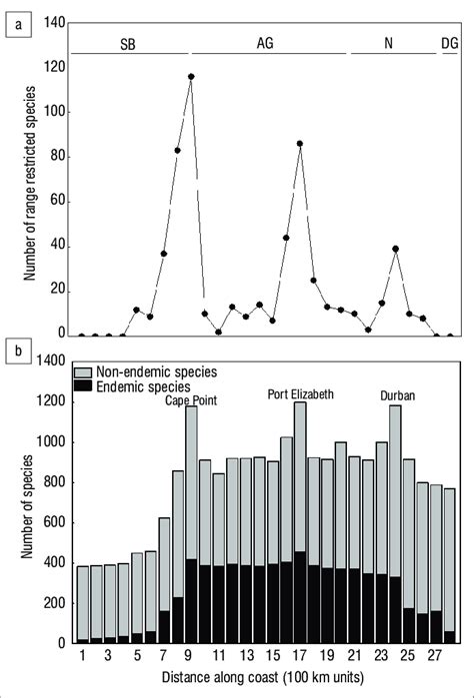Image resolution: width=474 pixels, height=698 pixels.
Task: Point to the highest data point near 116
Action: tap(190, 76)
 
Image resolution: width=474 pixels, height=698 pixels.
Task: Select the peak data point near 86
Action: tap(300, 143)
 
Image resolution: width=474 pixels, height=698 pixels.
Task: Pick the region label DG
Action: tap(451, 44)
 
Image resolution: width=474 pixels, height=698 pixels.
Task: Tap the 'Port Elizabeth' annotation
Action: tap(300, 392)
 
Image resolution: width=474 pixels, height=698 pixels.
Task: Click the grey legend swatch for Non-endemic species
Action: tap(84, 371)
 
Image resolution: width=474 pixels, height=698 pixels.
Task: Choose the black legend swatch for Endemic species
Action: tap(84, 385)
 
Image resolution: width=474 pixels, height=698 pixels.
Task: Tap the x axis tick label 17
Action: tap(299, 655)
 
